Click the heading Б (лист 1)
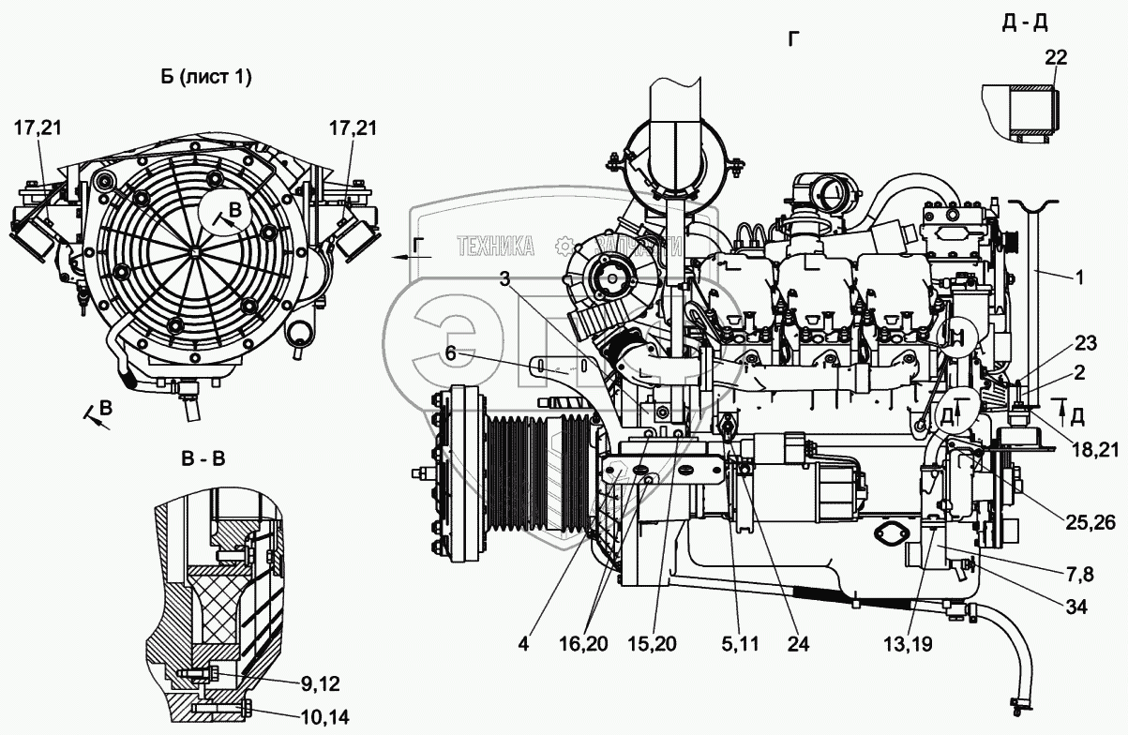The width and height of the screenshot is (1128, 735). pos(204,78)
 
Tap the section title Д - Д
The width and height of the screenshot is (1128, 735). pos(1024,22)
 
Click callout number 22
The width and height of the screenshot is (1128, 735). pos(1055,58)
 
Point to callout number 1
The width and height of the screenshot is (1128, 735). pos(1078,277)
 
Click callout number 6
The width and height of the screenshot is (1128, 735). pos(450,353)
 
